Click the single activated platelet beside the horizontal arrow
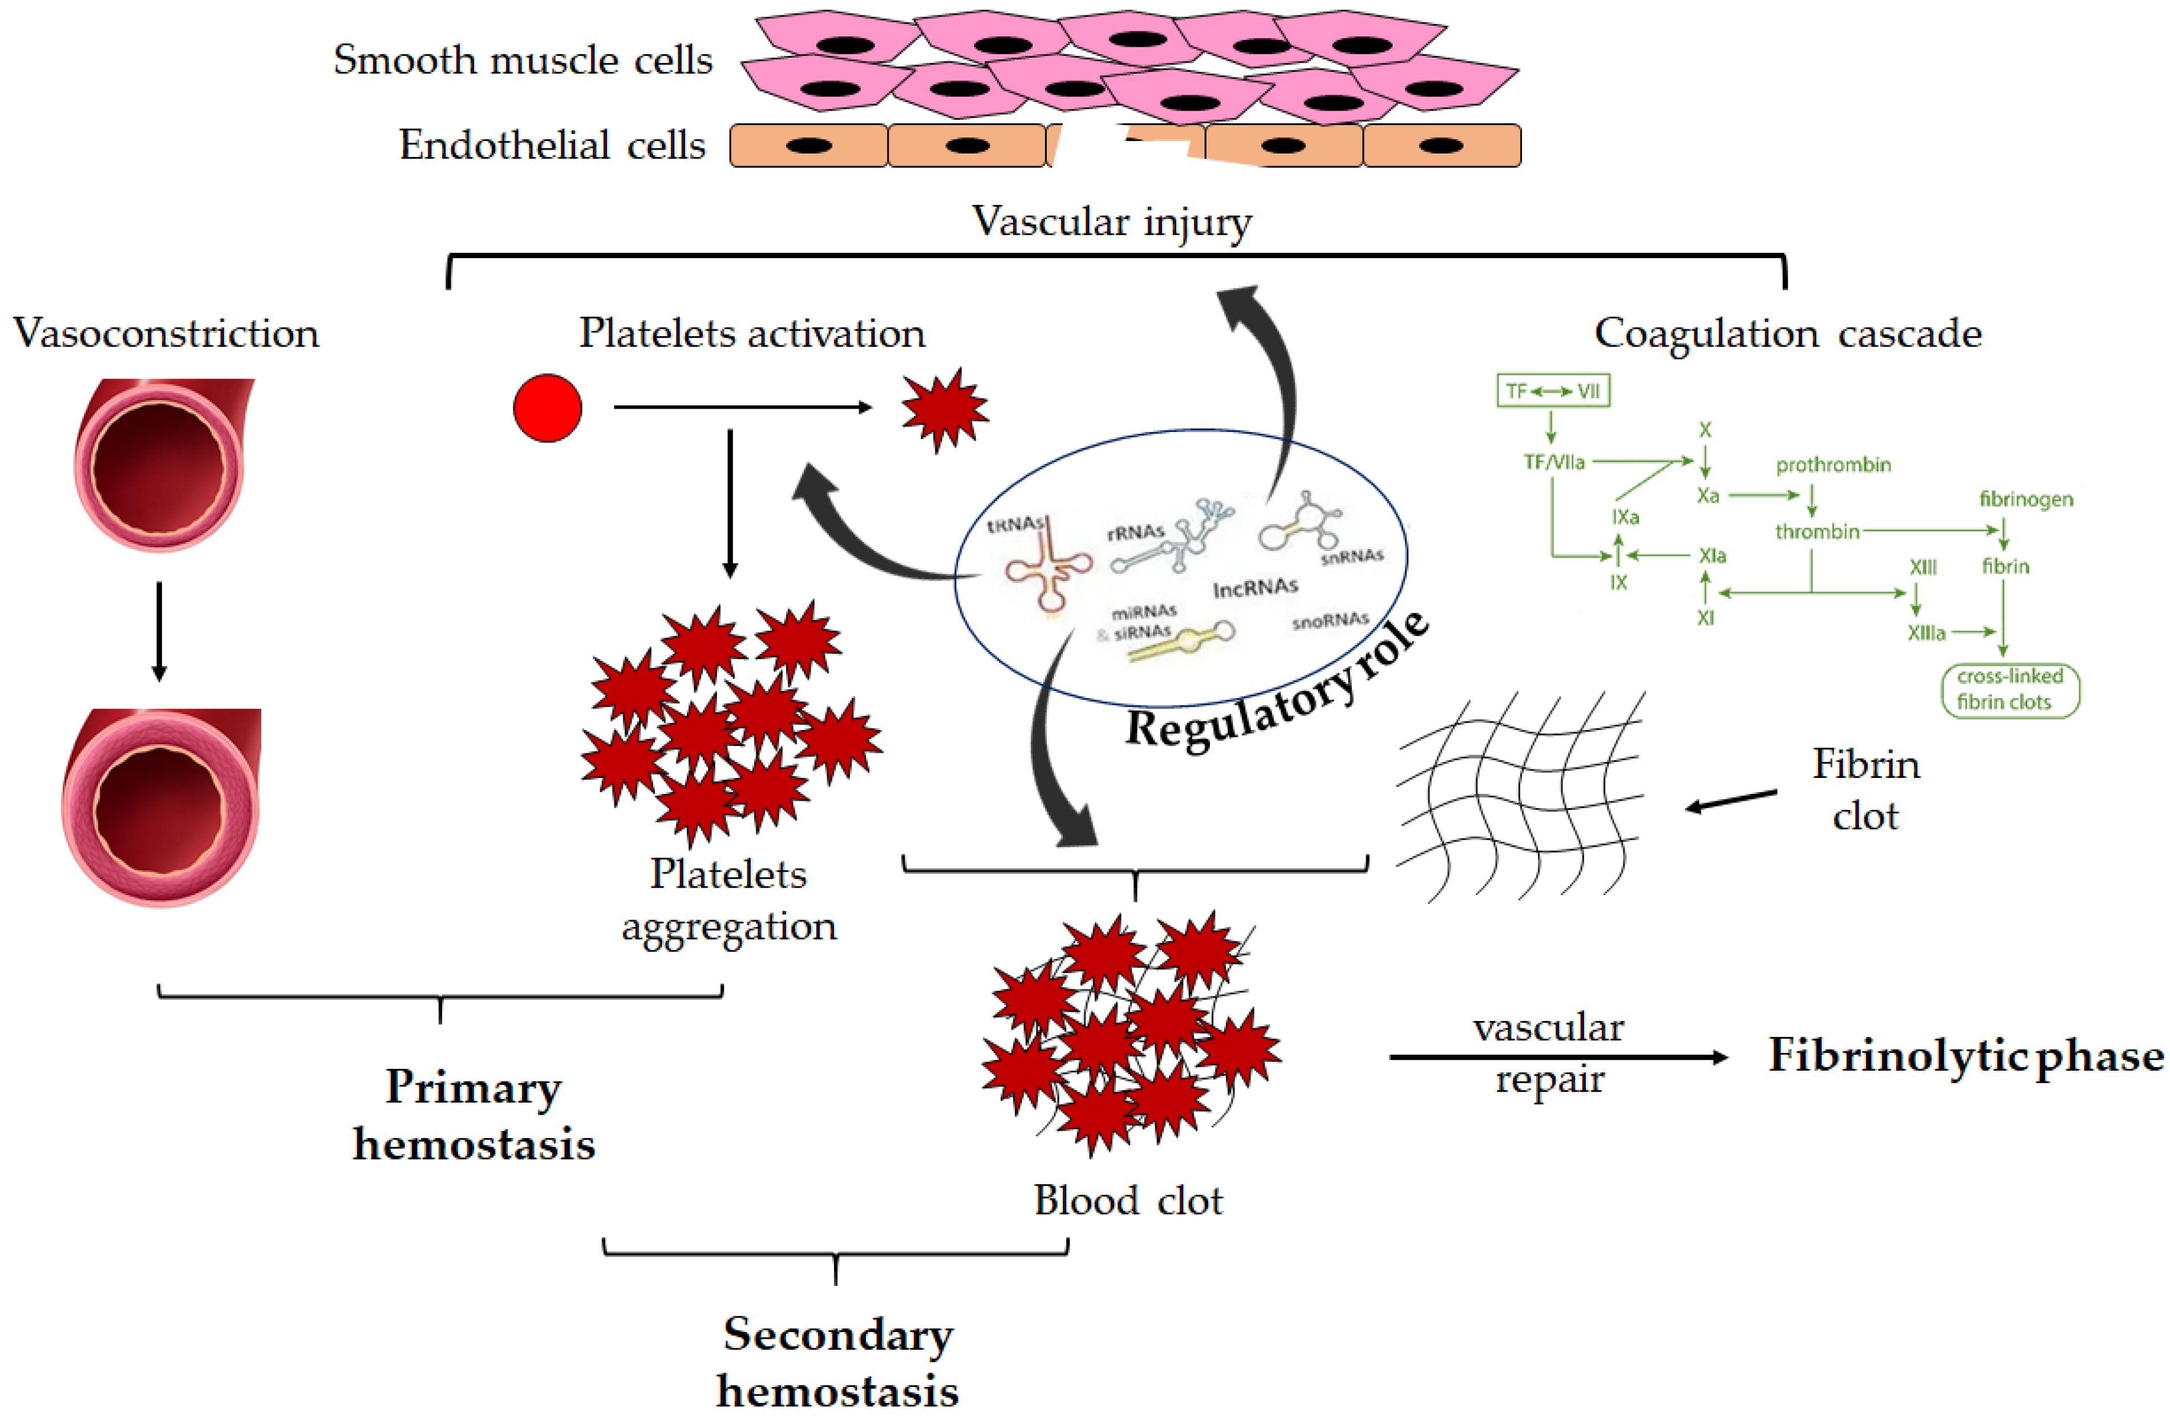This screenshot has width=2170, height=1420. click(x=945, y=409)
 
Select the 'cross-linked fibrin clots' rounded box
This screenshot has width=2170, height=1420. click(x=2010, y=689)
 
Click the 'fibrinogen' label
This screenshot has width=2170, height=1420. click(x=2026, y=499)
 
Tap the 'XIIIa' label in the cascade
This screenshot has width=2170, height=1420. click(x=1926, y=632)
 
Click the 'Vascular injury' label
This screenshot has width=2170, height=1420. click(x=1111, y=221)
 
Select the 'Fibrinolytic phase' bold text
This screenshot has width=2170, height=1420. click(x=1966, y=1055)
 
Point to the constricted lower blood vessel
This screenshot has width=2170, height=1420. click(x=160, y=807)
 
